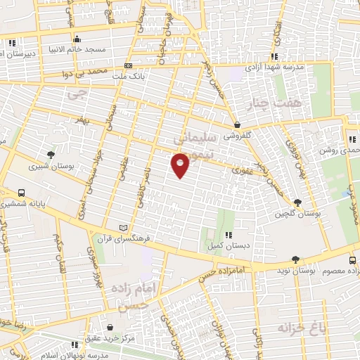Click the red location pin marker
click(x=180, y=165)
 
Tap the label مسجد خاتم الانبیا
click(x=76, y=49)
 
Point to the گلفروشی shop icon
click(x=237, y=126)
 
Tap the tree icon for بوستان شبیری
click(x=50, y=155)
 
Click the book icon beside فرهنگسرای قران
click(x=125, y=228)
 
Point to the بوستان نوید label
click(x=295, y=270)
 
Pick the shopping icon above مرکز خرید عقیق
click(x=111, y=327)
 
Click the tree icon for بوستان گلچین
click(x=298, y=202)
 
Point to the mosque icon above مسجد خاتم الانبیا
click(x=76, y=39)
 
